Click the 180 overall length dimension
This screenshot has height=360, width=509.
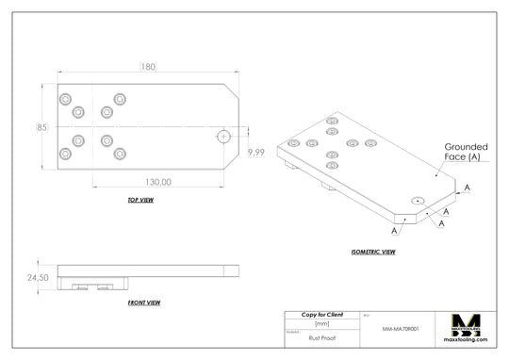[148, 67]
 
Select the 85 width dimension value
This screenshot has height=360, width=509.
[42, 126]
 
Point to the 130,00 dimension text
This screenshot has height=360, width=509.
[158, 181]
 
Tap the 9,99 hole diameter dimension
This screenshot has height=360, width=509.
[254, 152]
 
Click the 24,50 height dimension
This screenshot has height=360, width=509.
[38, 277]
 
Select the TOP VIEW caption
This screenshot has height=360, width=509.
[140, 201]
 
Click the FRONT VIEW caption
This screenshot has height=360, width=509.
[143, 303]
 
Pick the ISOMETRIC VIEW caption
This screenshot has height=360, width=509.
[372, 252]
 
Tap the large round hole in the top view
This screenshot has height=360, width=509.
[223, 136]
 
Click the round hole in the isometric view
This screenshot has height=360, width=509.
[417, 201]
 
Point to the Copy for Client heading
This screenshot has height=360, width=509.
[321, 314]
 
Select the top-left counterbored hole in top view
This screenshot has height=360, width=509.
[65, 99]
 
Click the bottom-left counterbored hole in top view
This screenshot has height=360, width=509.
[65, 154]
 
